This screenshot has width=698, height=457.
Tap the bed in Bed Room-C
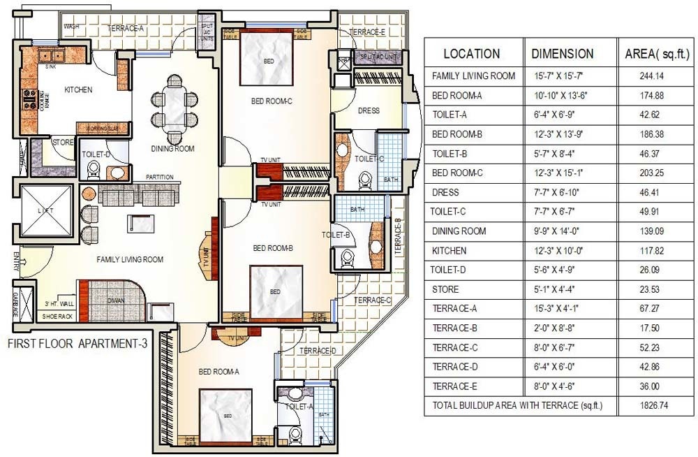pos(267,60)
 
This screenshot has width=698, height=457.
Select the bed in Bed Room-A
pos(227,414)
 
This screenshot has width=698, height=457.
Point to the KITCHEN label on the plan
pos(78,90)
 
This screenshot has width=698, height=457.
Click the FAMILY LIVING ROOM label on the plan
pos(130,260)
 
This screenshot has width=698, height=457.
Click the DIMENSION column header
pos(563,54)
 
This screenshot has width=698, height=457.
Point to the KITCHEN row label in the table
pos(449,251)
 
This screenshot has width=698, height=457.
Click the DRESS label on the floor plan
pos(368,111)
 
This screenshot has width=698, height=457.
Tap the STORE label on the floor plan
pos(64,143)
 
